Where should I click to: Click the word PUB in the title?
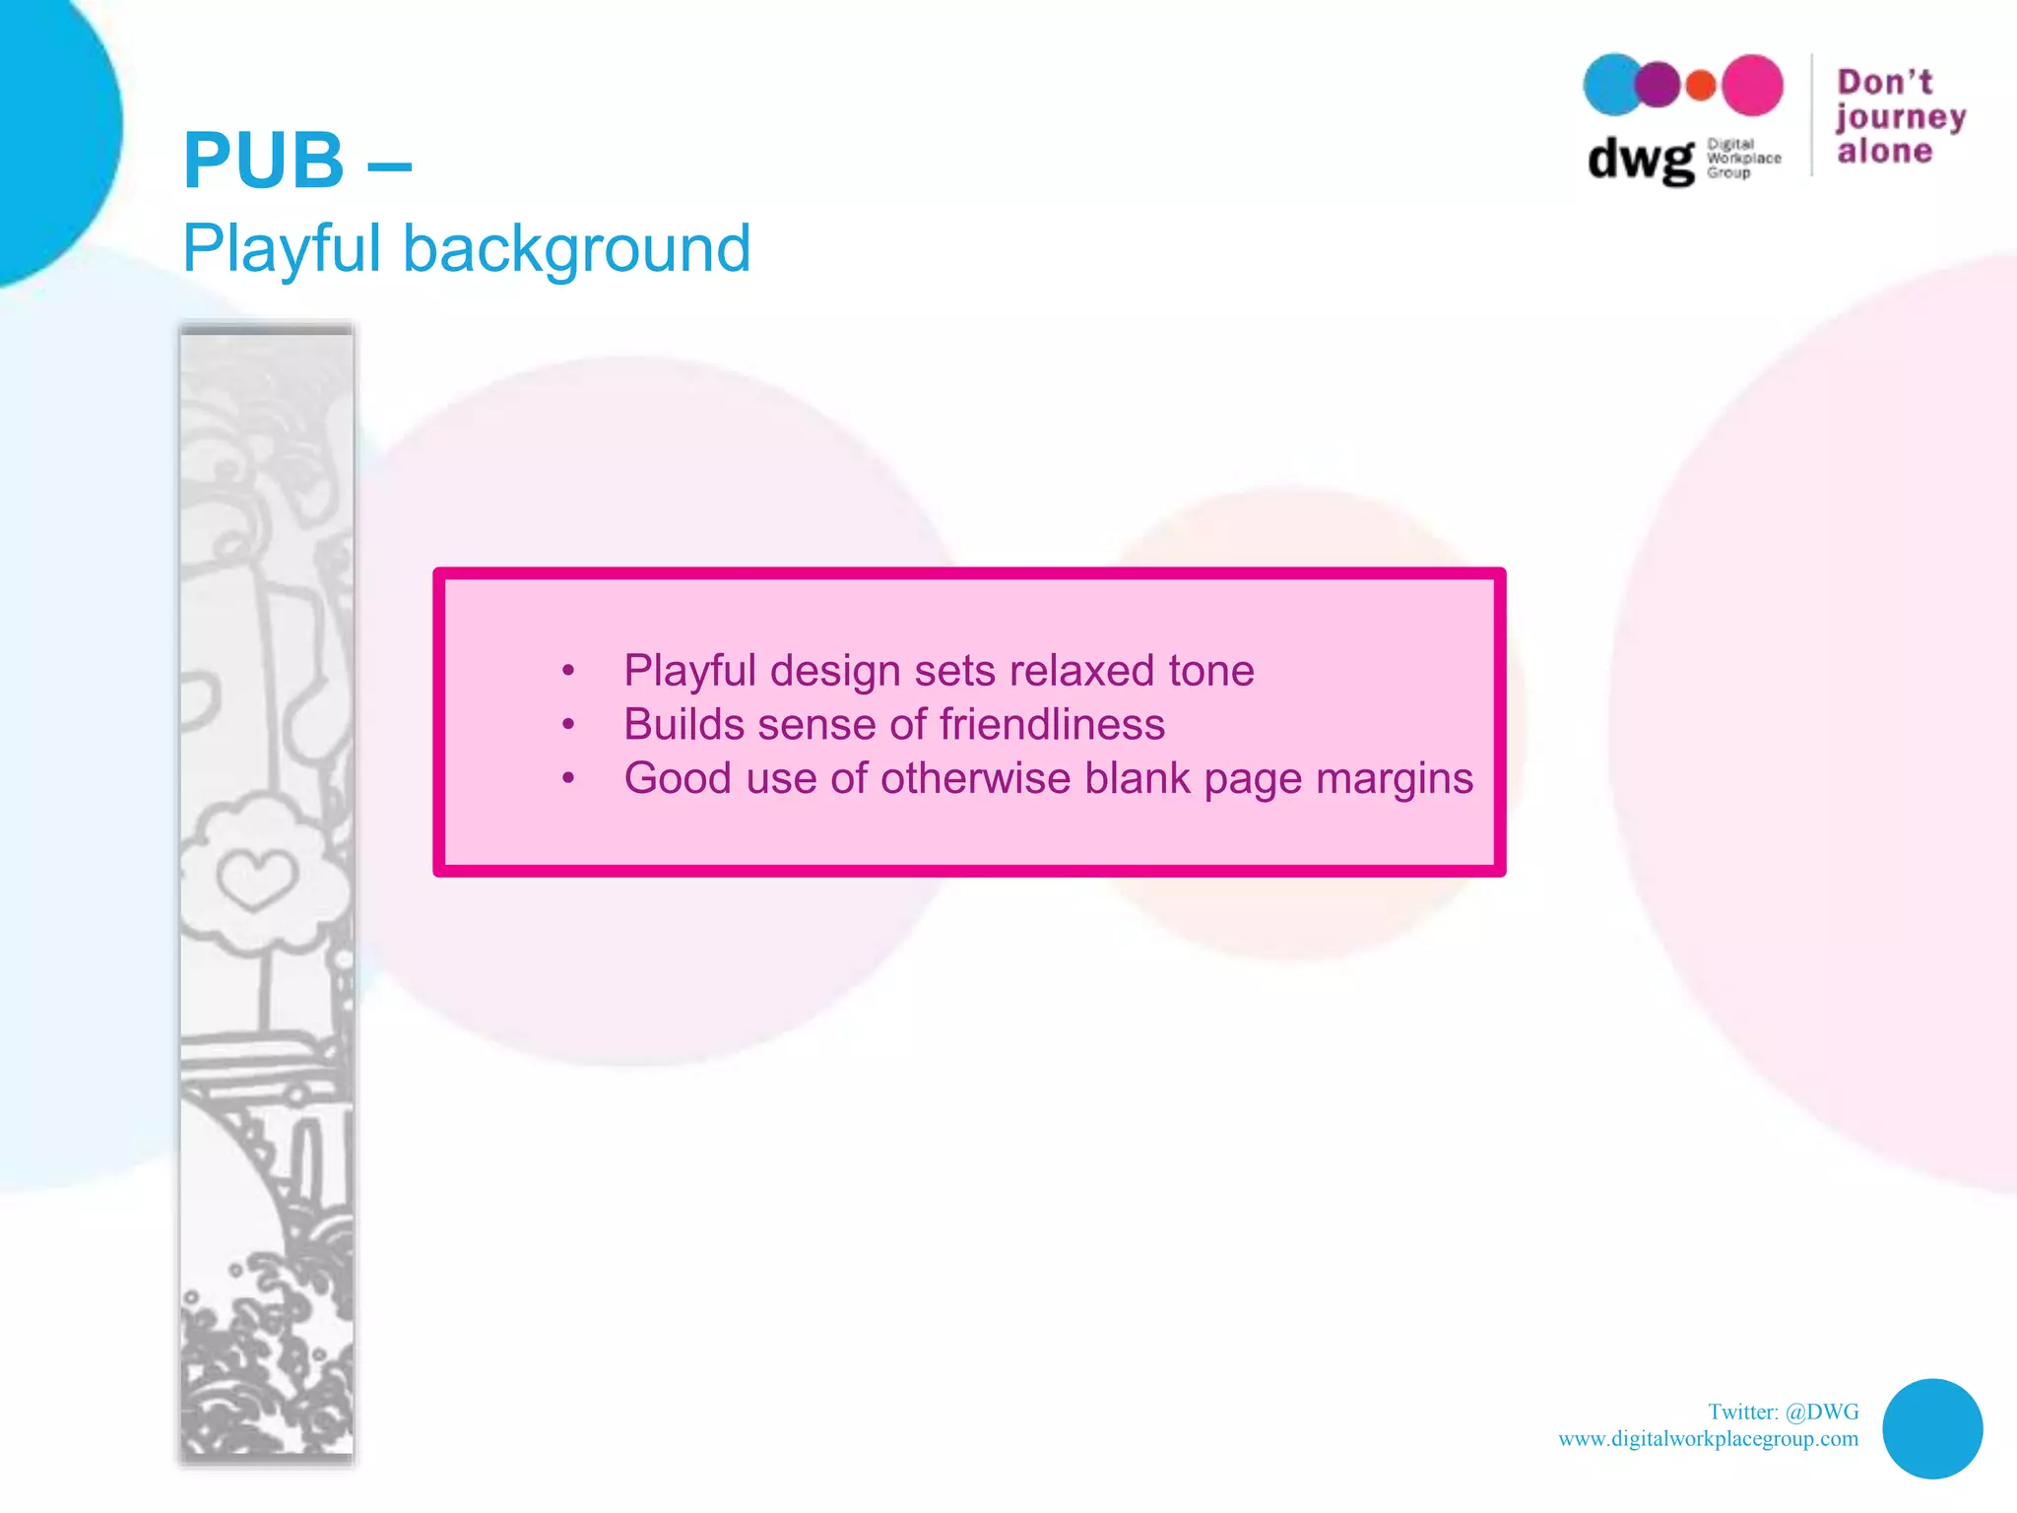(264, 161)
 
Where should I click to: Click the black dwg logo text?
(1641, 160)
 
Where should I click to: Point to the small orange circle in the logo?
(1701, 86)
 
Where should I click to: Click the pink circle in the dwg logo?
(1752, 85)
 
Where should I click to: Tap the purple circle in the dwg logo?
(1659, 85)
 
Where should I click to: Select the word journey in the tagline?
(1900, 118)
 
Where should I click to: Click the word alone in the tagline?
(1885, 151)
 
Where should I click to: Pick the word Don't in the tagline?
(1885, 82)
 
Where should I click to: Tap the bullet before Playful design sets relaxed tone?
(568, 672)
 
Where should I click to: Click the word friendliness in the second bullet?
(1052, 725)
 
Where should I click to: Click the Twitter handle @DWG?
(1822, 1412)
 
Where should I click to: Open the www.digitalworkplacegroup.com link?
(1708, 1438)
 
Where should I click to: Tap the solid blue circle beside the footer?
(1932, 1428)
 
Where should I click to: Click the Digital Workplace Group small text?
(1743, 159)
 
